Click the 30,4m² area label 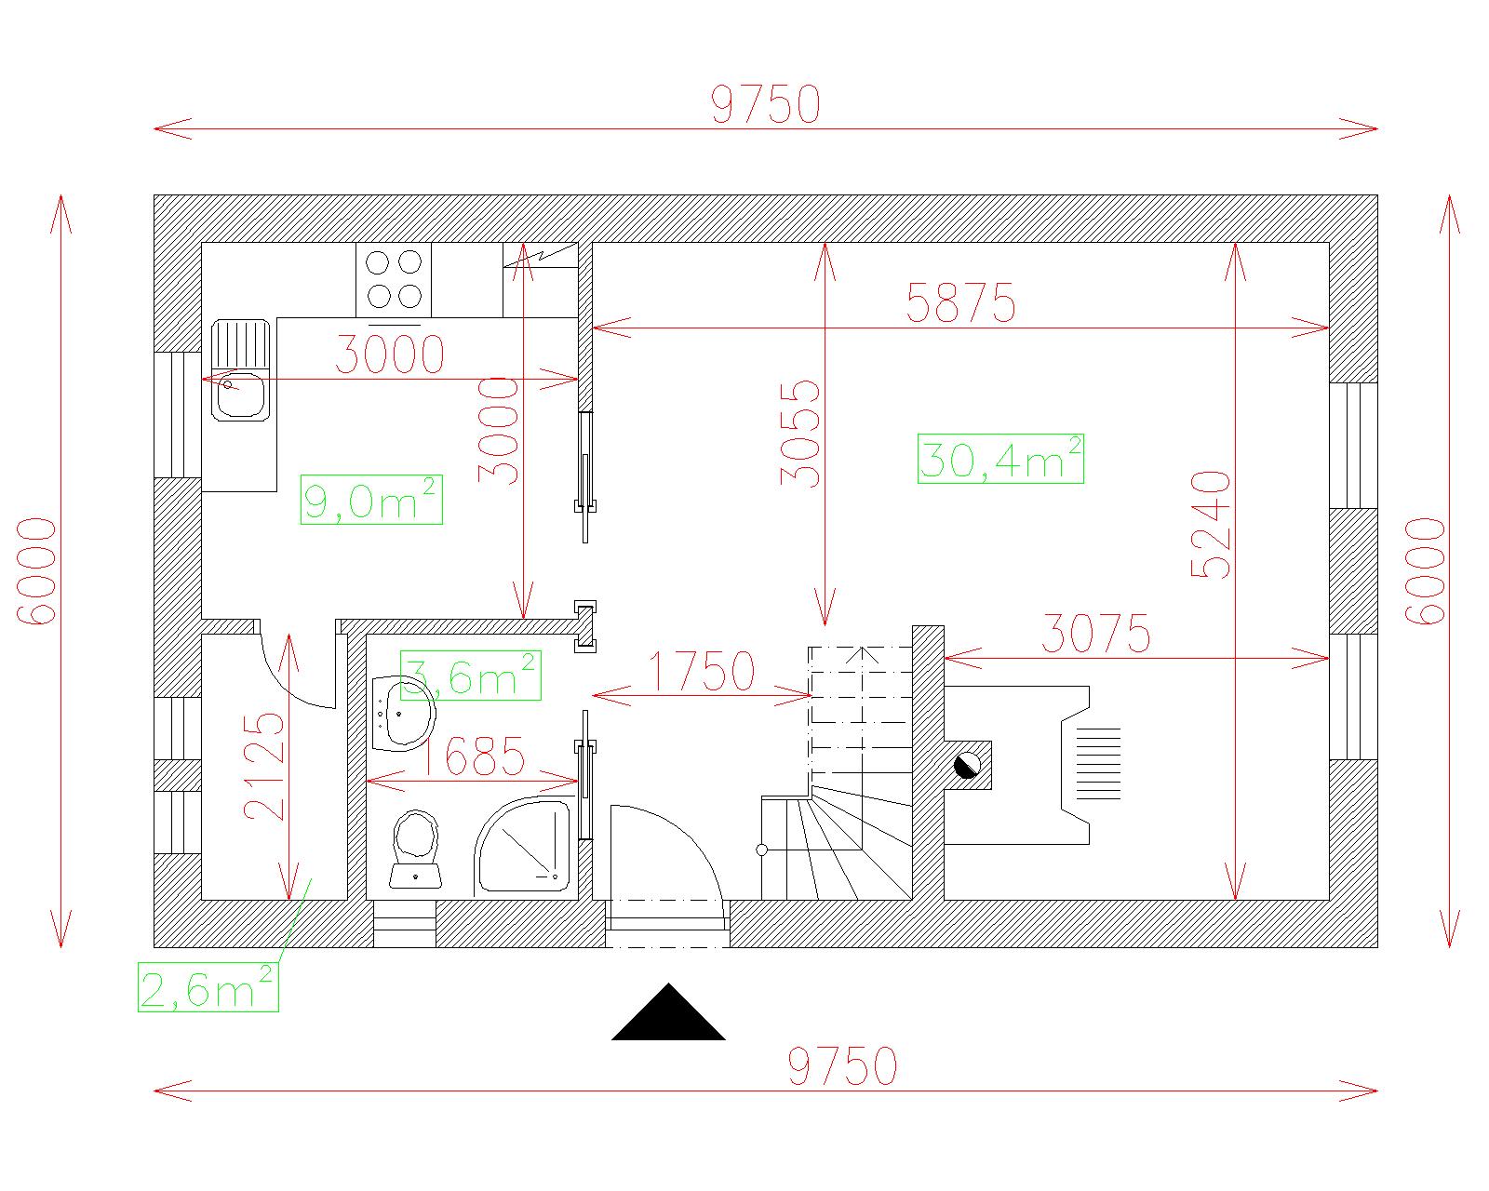click(x=1000, y=459)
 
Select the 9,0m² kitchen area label click(x=371, y=500)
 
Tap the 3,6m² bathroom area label click(x=471, y=676)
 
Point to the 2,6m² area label click(x=208, y=987)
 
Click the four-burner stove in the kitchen click(x=394, y=279)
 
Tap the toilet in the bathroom click(x=415, y=849)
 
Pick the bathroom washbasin click(x=403, y=714)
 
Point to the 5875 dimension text click(x=960, y=303)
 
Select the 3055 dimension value click(x=799, y=434)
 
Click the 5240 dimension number click(x=1211, y=525)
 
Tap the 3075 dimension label click(x=1096, y=634)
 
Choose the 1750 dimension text click(x=701, y=671)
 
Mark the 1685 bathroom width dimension click(x=473, y=756)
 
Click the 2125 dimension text click(x=263, y=766)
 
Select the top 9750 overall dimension click(x=765, y=104)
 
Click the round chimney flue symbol click(x=967, y=766)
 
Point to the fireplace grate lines click(x=1097, y=764)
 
